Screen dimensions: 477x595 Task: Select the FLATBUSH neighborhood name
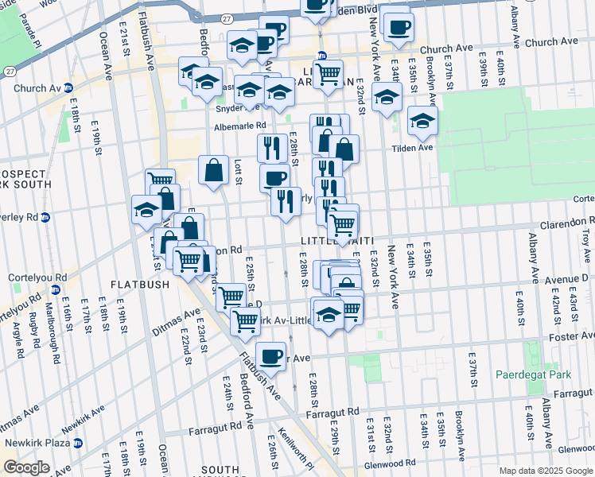[140, 284]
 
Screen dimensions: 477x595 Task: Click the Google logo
[26, 467]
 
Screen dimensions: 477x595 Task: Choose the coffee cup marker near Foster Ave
[271, 355]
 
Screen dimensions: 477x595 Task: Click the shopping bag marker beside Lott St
[214, 169]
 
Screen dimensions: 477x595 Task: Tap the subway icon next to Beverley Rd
[46, 217]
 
